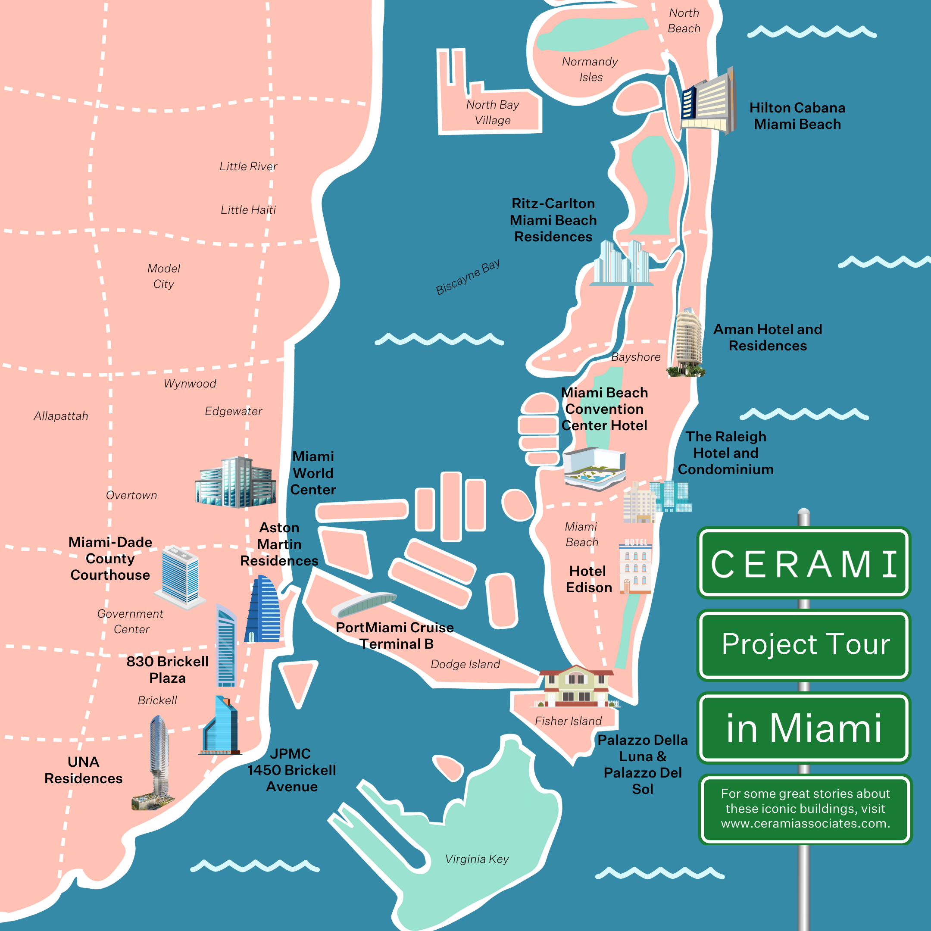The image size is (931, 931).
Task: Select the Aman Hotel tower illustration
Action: (687, 343)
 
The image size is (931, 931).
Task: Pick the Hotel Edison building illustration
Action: (635, 567)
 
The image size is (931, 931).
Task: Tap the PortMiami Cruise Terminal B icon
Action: (364, 604)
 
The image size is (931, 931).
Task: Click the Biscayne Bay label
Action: (467, 277)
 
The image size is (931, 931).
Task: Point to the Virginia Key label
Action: (477, 859)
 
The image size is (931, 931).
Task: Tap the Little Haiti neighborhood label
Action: (248, 209)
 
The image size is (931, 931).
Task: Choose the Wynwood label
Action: (190, 384)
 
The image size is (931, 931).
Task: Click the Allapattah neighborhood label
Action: (61, 416)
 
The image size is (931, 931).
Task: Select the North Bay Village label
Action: (493, 112)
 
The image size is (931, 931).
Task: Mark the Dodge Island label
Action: (465, 664)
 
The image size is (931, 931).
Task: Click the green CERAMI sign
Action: (803, 563)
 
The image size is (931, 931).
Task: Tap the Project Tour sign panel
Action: (803, 645)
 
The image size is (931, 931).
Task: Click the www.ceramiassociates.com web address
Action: (805, 824)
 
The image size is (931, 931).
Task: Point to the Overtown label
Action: (131, 495)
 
